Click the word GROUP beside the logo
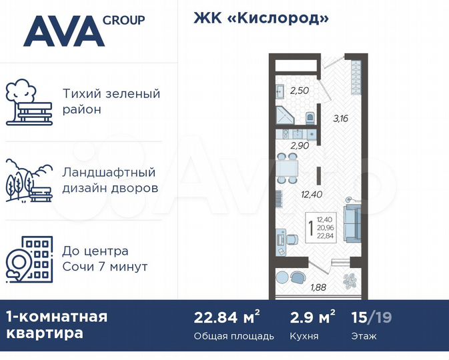124,20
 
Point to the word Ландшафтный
109,172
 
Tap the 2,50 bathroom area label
299,91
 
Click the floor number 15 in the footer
358,317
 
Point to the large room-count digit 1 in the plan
310,229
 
